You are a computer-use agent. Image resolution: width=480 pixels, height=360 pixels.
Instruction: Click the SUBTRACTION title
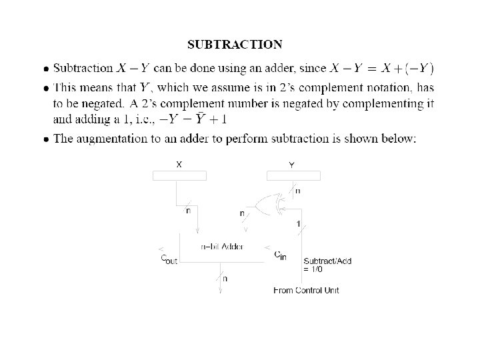[x=235, y=45]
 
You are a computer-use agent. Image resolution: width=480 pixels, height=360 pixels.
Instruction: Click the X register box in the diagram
[x=180, y=175]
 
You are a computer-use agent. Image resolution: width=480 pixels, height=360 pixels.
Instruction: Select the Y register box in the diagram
[x=293, y=175]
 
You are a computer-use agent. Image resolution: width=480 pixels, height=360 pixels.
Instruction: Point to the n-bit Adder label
[x=222, y=247]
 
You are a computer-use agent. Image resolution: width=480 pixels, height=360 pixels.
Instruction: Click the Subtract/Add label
[x=327, y=261]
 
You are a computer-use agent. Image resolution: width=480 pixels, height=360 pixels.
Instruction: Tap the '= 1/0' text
[x=315, y=269]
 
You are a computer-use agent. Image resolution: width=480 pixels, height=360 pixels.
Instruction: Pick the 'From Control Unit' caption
[x=306, y=291]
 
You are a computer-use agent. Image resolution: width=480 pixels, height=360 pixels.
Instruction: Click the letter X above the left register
[x=179, y=163]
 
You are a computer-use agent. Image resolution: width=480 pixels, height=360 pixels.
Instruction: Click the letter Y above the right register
[x=292, y=163]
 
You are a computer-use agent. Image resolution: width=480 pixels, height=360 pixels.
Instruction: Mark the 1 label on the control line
[x=297, y=223]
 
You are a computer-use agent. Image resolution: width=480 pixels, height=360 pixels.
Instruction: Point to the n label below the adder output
[x=225, y=279]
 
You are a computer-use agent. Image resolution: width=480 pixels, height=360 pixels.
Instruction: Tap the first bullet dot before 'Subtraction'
[x=45, y=69]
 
